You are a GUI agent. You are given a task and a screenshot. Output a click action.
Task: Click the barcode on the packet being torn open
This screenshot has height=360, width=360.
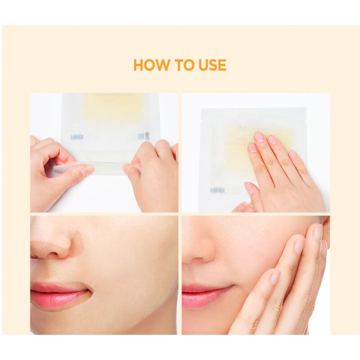[77, 136]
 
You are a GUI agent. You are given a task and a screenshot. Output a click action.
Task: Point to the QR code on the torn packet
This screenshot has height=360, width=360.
[141, 136]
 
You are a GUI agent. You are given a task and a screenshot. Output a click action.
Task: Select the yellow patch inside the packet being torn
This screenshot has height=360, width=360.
[112, 108]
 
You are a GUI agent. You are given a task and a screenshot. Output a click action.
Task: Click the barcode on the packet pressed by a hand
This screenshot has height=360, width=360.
[217, 190]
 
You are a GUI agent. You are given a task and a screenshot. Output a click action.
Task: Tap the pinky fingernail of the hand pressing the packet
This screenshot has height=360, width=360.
[293, 154]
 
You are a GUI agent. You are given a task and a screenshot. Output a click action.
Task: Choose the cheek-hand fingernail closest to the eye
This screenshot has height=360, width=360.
[318, 232]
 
